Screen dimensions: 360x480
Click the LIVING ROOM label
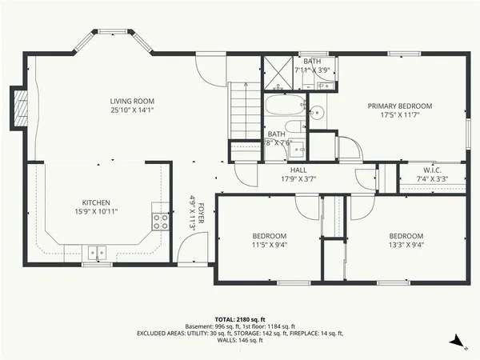(132, 101)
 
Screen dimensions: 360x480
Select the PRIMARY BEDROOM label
(399, 106)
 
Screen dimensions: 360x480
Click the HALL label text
(298, 170)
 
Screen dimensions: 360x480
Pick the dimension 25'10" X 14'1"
(132, 111)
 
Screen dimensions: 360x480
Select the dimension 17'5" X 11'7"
(399, 116)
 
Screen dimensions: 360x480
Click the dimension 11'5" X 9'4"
(270, 246)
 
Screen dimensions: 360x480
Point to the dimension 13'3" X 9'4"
(406, 246)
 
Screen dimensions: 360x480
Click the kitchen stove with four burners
(160, 221)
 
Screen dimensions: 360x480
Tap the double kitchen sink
(98, 254)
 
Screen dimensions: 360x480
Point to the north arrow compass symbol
(457, 342)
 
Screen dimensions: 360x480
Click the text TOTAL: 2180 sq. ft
(239, 318)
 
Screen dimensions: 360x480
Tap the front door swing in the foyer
(189, 253)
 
